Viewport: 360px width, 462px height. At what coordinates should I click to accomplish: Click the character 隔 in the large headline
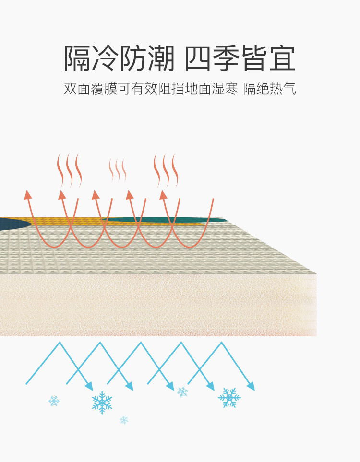tap(78, 59)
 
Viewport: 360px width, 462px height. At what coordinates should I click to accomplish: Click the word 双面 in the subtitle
tap(77, 89)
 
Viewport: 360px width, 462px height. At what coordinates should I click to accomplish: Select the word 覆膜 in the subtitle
tap(104, 89)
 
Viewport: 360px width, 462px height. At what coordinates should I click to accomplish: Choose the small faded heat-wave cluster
tap(118, 170)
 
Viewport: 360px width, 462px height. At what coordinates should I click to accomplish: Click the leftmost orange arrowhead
tap(27, 194)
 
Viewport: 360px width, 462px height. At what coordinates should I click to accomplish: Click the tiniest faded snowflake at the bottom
tap(124, 420)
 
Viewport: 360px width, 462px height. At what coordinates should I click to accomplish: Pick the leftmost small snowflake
tap(54, 401)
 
